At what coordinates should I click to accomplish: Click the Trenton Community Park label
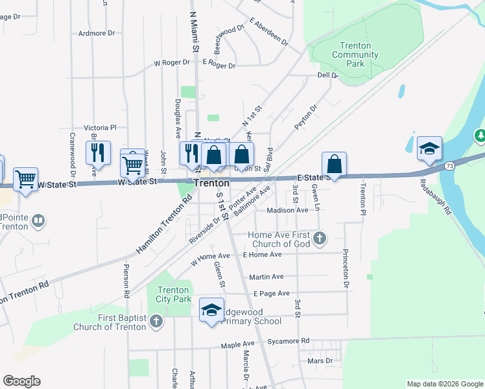point(355,55)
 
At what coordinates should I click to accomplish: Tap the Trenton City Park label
point(174,294)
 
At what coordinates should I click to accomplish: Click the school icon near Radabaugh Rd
point(429,149)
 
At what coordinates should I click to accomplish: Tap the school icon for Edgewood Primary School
point(211,311)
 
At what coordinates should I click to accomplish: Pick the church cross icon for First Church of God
point(318,239)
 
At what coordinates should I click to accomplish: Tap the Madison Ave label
point(287,210)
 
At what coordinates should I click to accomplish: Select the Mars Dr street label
point(320,360)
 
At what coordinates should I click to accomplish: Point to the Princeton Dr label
point(346,268)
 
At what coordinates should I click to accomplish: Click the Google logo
point(21,381)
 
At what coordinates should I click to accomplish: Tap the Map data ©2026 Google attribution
point(444,384)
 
